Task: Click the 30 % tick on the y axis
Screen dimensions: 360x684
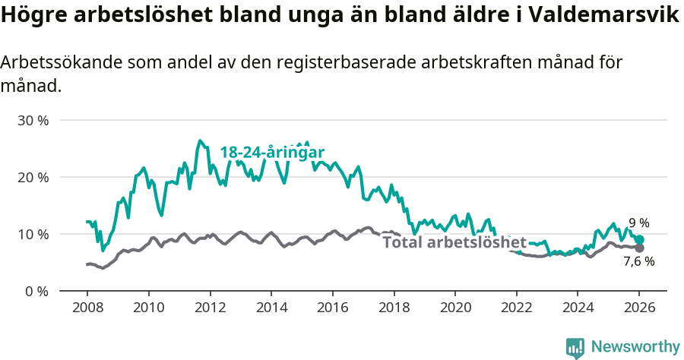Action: [33, 121]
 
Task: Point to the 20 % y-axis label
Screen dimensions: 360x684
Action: [33, 178]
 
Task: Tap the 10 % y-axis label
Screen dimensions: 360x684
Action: [33, 234]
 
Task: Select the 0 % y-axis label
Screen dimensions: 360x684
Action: [36, 291]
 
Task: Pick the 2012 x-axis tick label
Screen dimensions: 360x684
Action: [210, 309]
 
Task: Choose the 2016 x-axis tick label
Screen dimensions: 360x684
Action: [332, 309]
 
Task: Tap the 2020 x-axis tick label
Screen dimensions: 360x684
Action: [455, 309]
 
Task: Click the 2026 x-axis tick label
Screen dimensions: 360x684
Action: [639, 309]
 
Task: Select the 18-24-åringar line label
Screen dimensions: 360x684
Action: [272, 153]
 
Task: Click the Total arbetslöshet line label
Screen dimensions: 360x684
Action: [454, 243]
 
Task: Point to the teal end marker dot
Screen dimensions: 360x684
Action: [639, 240]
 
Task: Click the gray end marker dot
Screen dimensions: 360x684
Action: [639, 248]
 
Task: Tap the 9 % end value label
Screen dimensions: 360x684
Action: [638, 223]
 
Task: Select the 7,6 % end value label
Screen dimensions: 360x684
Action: [638, 261]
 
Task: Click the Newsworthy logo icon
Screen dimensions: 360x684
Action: [575, 348]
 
